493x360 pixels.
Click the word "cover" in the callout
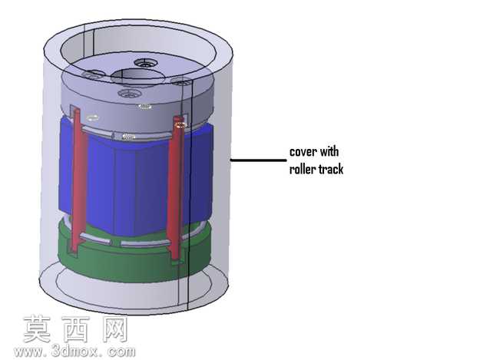click(x=303, y=152)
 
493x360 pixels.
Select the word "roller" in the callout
click(x=302, y=169)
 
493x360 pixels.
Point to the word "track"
click(x=331, y=169)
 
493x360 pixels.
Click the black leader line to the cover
click(x=259, y=160)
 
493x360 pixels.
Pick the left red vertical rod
click(x=78, y=179)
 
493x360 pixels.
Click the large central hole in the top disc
click(x=137, y=77)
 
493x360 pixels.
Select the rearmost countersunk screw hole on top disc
click(x=146, y=63)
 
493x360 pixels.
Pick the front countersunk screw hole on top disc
click(x=129, y=94)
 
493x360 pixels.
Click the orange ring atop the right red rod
click(x=180, y=125)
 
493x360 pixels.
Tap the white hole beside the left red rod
click(x=92, y=118)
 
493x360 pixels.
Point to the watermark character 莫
click(x=37, y=329)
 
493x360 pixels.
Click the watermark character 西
click(x=76, y=329)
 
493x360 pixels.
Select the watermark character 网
click(x=114, y=329)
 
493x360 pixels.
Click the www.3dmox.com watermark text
click(x=74, y=352)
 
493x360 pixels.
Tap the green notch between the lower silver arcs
click(x=116, y=243)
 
